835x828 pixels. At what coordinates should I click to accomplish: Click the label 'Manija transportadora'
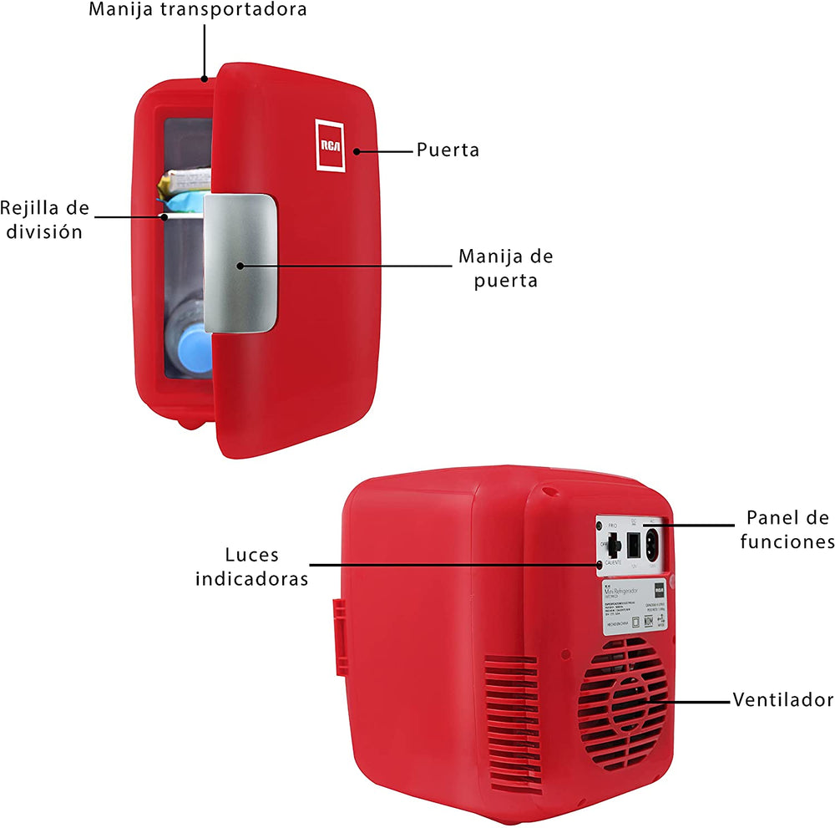click(198, 10)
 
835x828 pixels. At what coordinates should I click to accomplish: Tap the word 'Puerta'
click(448, 150)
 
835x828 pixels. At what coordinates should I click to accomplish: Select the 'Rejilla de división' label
click(46, 219)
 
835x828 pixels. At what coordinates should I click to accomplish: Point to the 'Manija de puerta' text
click(506, 268)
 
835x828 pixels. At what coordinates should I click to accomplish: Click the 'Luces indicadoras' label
click(251, 566)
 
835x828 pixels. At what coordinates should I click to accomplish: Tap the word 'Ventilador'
click(782, 699)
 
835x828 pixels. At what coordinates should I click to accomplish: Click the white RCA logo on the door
click(330, 145)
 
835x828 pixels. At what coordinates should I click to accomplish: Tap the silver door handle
click(240, 262)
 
